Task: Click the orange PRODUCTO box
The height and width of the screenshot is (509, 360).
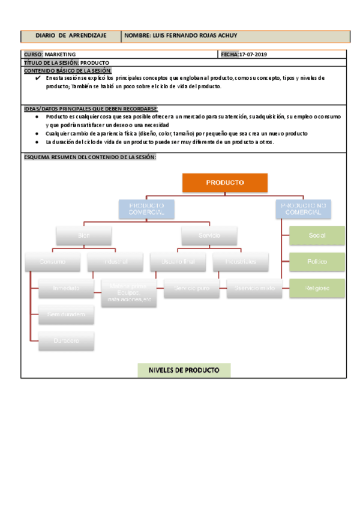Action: [225, 182]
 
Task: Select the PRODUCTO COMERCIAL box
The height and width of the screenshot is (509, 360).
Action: [146, 209]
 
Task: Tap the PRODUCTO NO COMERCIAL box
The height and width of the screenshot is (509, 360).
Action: [304, 209]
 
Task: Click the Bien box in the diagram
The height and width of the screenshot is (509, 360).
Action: [83, 235]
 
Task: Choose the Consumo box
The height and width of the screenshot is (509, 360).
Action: [52, 262]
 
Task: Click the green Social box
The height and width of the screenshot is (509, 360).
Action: [317, 235]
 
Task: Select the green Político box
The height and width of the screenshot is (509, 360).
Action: [317, 262]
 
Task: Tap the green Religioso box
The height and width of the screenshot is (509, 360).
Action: [317, 288]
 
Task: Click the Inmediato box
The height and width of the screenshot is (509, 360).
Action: [66, 288]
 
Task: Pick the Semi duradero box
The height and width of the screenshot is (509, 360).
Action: [66, 314]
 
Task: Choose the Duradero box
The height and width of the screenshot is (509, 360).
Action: [66, 340]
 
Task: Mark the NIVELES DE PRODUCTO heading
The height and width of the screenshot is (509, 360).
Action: [184, 370]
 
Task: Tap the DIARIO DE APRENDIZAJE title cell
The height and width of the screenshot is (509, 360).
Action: [71, 36]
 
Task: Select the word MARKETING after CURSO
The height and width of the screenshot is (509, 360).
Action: [60, 55]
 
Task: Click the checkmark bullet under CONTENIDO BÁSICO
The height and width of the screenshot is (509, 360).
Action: [37, 78]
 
